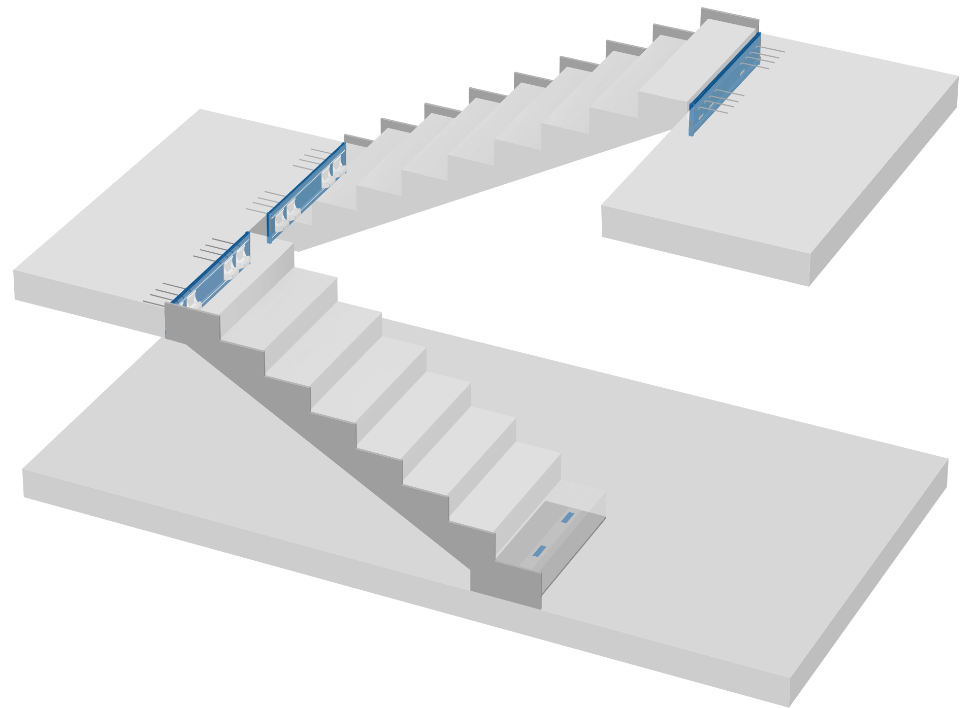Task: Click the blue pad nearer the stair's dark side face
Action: tap(539, 550)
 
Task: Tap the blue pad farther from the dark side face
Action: tap(567, 517)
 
